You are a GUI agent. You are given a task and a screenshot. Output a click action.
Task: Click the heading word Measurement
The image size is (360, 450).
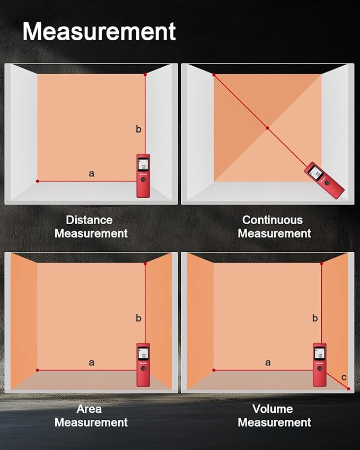[99, 31]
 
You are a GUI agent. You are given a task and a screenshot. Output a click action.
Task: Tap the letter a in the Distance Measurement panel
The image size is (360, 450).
[91, 174]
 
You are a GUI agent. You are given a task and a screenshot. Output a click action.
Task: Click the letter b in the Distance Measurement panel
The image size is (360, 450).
[138, 129]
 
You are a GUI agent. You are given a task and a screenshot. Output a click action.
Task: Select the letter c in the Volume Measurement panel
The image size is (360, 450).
[344, 377]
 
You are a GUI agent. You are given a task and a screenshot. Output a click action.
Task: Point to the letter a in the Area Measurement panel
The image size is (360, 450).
[91, 363]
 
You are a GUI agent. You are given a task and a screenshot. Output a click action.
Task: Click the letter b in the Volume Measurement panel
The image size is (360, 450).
[315, 318]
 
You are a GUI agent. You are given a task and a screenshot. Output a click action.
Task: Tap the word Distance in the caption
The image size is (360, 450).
[89, 220]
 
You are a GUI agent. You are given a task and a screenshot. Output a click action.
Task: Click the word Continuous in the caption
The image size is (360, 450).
[273, 220]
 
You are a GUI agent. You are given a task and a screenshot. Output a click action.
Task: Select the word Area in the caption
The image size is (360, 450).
[89, 409]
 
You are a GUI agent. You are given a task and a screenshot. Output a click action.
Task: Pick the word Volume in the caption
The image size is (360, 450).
[273, 409]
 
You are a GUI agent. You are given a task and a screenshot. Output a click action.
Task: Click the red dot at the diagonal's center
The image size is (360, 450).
[268, 128]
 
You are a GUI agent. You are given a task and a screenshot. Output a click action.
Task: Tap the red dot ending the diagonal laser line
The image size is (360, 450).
[214, 75]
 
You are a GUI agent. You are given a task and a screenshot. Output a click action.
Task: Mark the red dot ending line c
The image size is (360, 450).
[348, 389]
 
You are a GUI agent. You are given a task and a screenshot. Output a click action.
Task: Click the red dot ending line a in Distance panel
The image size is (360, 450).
[37, 181]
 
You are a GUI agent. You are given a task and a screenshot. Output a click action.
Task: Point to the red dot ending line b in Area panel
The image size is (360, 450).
[145, 263]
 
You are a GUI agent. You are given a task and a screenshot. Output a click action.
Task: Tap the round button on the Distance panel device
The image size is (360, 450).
[143, 179]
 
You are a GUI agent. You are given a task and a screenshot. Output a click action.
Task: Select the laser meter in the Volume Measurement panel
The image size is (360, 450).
[320, 365]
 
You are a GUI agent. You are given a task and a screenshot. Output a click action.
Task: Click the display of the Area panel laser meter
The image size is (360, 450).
[143, 354]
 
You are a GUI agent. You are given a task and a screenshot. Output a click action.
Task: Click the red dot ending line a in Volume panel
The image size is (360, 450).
[214, 370]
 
